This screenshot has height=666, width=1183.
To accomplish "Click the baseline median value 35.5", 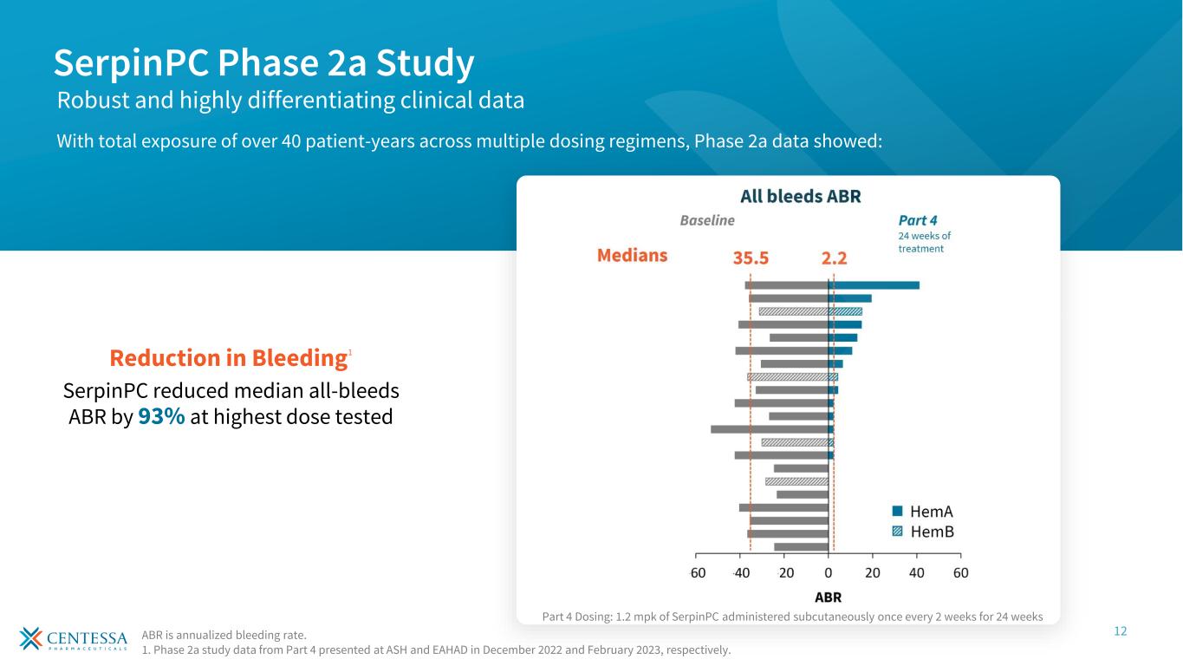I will coord(751,258).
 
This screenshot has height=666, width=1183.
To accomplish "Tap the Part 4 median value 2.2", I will coord(833,258).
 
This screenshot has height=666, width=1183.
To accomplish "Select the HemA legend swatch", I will coord(898,512).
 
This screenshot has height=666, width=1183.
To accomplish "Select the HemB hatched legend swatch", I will coord(898,532).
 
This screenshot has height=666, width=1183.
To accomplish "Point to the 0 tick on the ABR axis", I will coord(829,572).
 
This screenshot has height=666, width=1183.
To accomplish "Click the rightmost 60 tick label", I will coord(960,572).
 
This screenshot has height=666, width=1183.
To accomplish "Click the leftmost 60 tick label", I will coord(697,572).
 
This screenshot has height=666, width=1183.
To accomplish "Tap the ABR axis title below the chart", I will coord(828,597).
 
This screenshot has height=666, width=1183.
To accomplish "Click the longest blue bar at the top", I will coord(874,285).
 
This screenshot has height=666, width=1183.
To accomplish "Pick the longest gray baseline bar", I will coord(770,429).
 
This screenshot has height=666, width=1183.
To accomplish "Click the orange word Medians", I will coord(633,256).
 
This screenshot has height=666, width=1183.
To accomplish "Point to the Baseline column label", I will coord(706,220).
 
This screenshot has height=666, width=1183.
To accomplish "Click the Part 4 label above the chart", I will coord(918,220).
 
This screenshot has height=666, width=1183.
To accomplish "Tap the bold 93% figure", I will coord(161,416).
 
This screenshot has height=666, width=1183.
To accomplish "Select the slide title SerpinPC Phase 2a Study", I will coord(263,62).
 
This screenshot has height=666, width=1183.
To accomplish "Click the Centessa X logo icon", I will coord(31,638).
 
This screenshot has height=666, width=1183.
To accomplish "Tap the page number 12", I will coord(1121,631).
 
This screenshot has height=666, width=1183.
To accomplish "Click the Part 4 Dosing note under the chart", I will coord(792,617).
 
